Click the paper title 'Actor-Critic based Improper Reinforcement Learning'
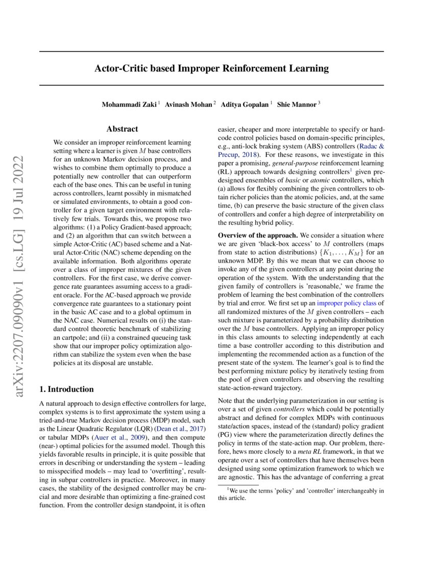211,68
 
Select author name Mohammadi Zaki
130,104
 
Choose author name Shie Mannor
297,104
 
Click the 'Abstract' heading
122,129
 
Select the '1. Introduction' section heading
66,389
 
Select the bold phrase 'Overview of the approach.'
257,235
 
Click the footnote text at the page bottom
301,494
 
